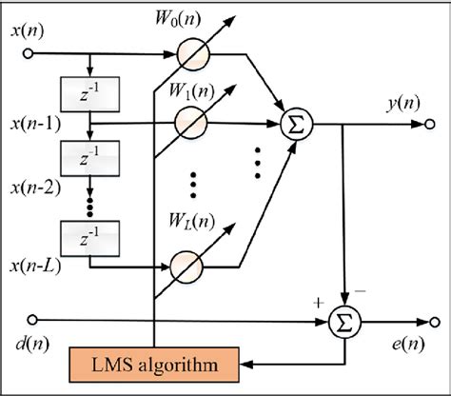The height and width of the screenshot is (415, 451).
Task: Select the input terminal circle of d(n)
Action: [x=33, y=320]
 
